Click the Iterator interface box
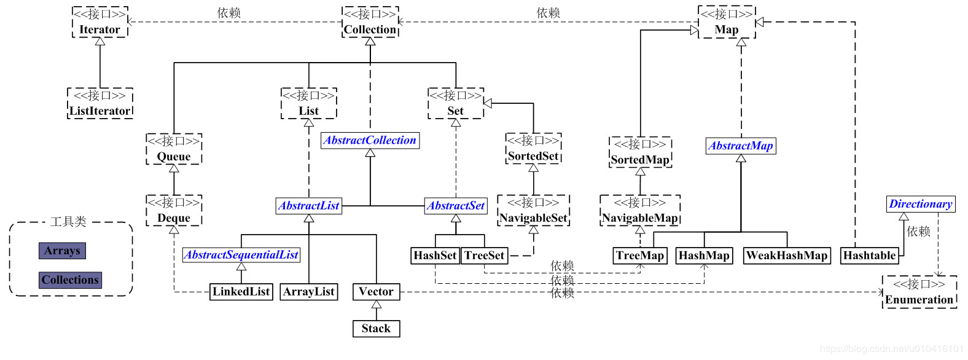100,22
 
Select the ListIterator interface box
100,103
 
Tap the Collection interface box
370,22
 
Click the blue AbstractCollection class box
370,141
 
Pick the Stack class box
376,329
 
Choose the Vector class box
376,292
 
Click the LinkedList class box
241,292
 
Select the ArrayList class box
309,292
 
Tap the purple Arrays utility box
62,251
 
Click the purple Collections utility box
70,280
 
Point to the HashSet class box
435,256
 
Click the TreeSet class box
485,256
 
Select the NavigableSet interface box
533,211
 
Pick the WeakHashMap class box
787,256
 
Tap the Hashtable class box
869,256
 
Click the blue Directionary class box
921,204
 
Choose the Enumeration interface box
919,292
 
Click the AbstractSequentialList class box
241,255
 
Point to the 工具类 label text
68,222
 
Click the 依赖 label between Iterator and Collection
229,13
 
